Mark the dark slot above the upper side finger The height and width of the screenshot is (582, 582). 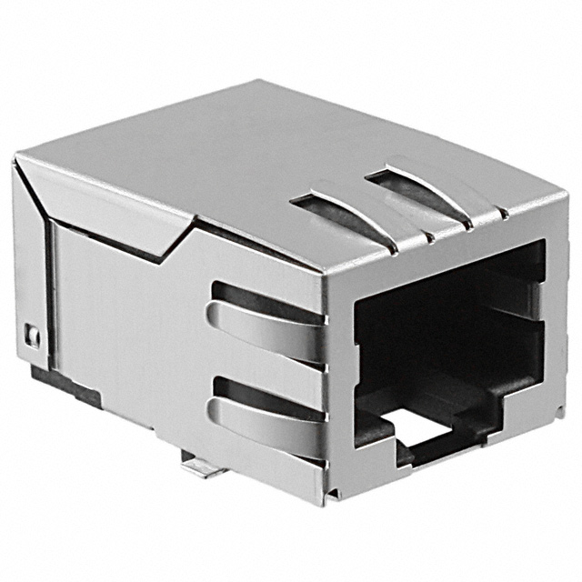(x=264, y=297)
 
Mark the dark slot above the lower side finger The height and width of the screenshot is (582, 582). (x=264, y=393)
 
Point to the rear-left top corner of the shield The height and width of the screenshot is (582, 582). (x=16, y=162)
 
